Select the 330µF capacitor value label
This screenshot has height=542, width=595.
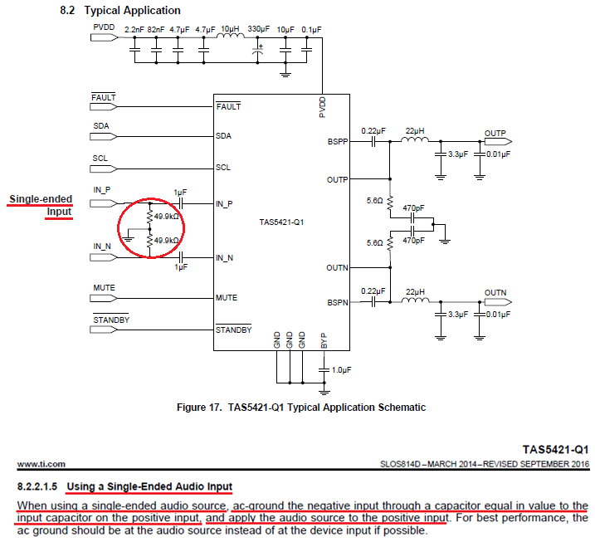[259, 29]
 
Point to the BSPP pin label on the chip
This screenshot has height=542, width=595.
[338, 142]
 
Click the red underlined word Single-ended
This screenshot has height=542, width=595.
[41, 199]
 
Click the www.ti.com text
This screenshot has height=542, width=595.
[37, 464]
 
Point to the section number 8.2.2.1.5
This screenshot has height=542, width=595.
[36, 486]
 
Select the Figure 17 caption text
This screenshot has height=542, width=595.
[301, 408]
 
